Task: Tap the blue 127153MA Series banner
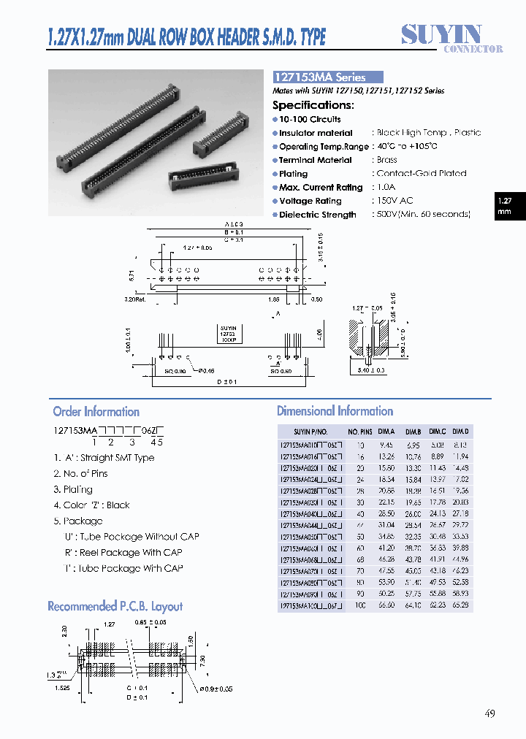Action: click(328, 77)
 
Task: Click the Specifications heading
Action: click(313, 105)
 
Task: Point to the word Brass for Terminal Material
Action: click(387, 160)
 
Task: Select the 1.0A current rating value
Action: click(388, 187)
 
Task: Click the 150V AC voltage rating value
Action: click(395, 201)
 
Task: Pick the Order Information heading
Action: click(96, 412)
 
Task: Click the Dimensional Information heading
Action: click(335, 411)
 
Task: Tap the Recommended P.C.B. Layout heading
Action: click(115, 606)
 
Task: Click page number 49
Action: click(489, 713)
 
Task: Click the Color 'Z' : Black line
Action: click(91, 505)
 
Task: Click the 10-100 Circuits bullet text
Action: click(310, 119)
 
